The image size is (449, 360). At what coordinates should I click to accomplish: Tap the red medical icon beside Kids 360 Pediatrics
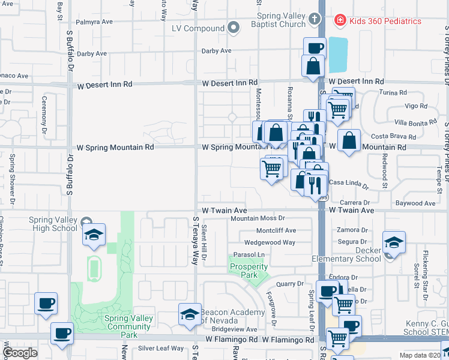340,21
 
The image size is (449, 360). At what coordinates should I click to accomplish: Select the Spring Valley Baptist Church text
281,21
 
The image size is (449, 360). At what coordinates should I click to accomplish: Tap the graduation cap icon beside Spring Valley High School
94,235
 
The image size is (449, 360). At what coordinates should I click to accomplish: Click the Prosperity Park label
252,271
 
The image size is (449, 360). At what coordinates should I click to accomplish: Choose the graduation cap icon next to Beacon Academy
190,314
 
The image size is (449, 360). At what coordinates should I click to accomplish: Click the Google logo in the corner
20,353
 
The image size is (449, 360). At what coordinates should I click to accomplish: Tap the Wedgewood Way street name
270,242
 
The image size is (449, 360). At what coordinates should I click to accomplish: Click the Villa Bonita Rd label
415,122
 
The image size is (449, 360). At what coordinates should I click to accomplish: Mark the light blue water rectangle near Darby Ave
338,55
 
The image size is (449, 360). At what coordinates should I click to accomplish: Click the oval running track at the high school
94,269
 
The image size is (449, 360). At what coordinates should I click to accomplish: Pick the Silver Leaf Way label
161,348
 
